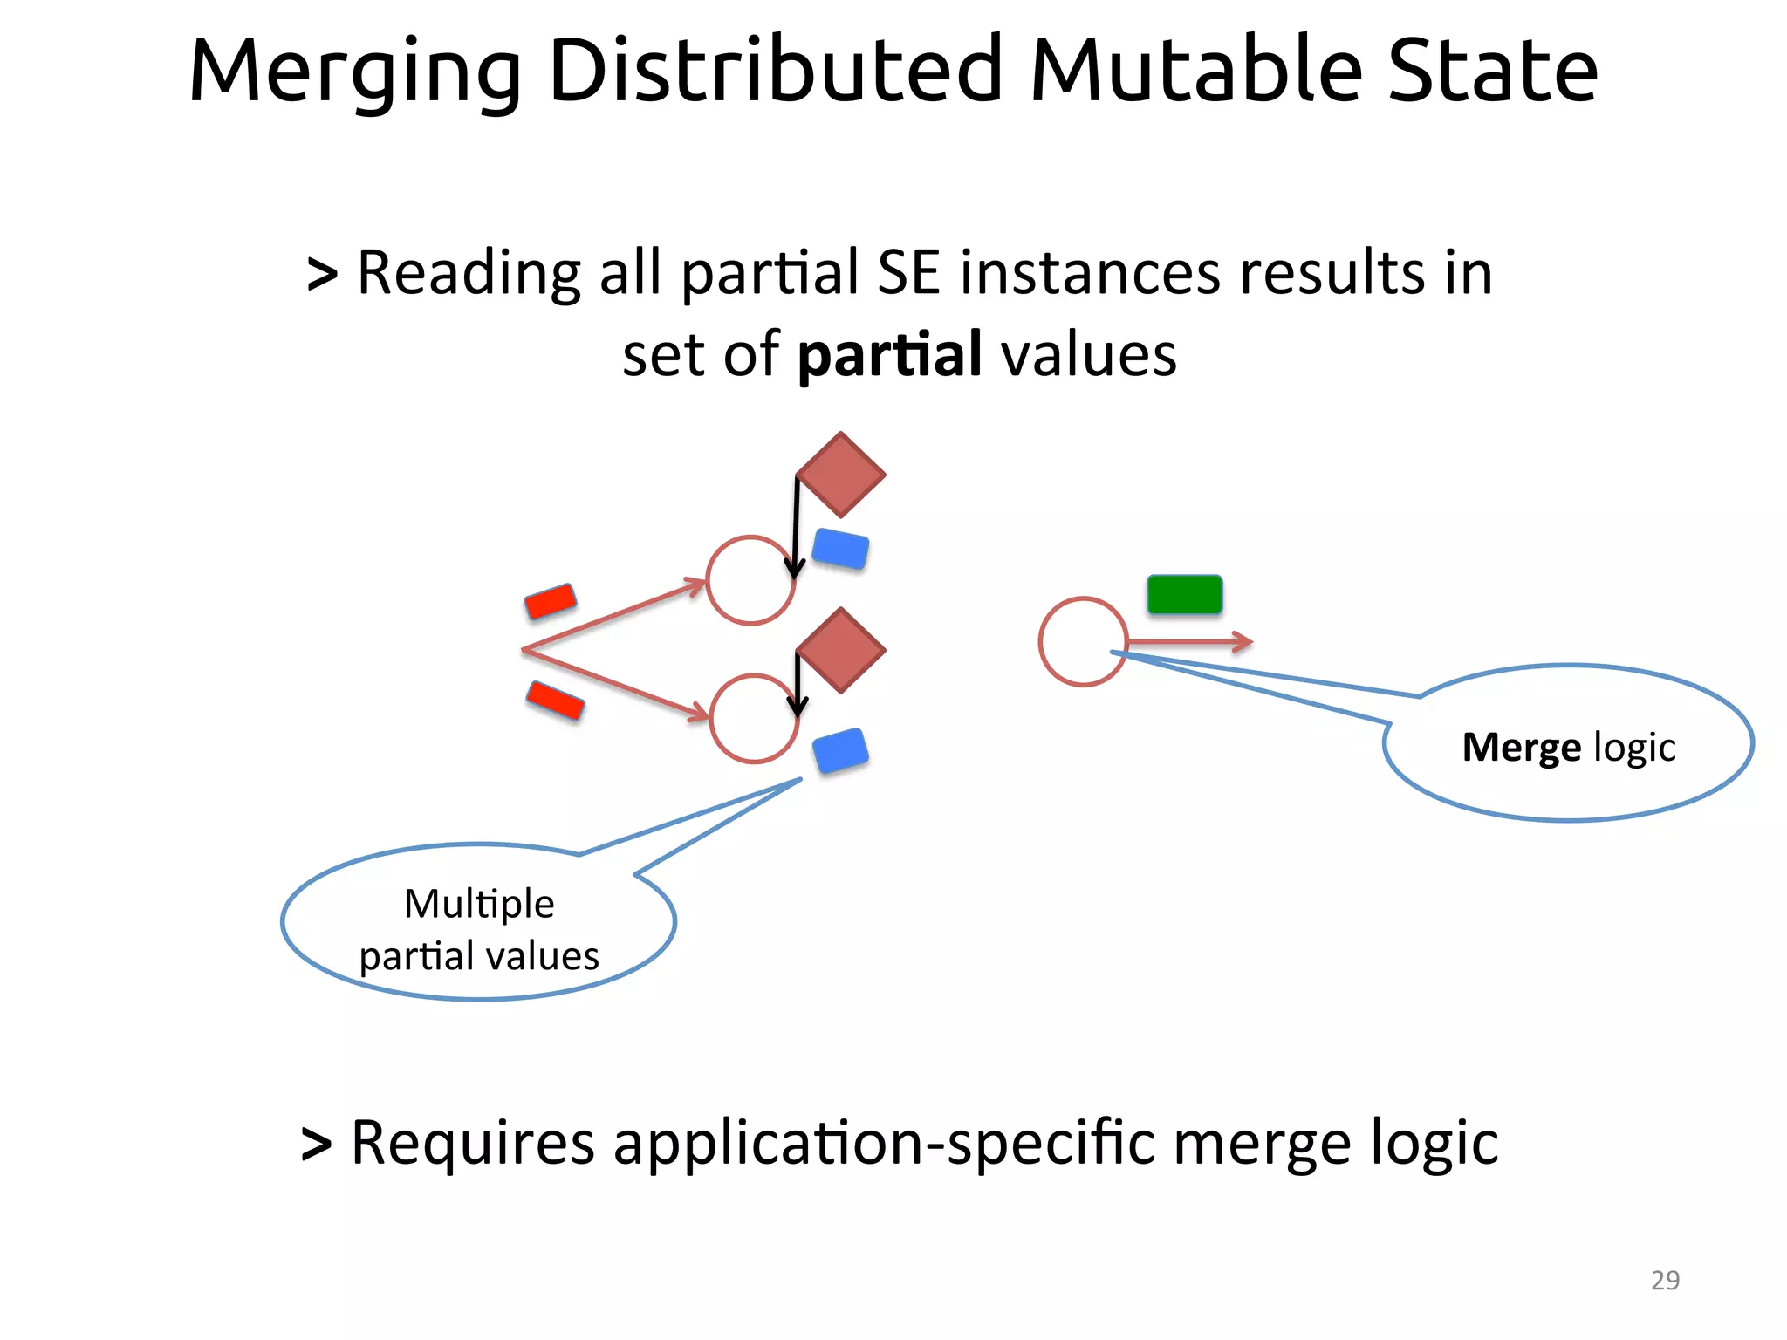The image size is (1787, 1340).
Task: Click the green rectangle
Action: click(1184, 594)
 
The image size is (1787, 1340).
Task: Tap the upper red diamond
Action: click(840, 475)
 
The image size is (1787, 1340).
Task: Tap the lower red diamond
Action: click(840, 651)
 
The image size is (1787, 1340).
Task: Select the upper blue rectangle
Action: click(840, 550)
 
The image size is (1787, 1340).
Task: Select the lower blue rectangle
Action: click(840, 750)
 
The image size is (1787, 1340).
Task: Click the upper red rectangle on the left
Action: click(551, 601)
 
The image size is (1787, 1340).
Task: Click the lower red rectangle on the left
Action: click(555, 701)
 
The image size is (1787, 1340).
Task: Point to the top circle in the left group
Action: click(750, 580)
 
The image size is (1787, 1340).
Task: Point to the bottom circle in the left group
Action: click(753, 718)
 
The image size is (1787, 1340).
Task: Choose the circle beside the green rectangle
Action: click(1083, 641)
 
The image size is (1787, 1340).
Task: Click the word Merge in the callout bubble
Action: click(1520, 748)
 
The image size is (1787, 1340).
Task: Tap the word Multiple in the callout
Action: click(479, 904)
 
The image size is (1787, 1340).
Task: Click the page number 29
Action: click(1665, 1280)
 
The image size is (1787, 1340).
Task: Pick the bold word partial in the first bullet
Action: click(889, 355)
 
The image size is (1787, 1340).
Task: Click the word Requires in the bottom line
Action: click(472, 1143)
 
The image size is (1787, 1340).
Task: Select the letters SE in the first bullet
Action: click(907, 273)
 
